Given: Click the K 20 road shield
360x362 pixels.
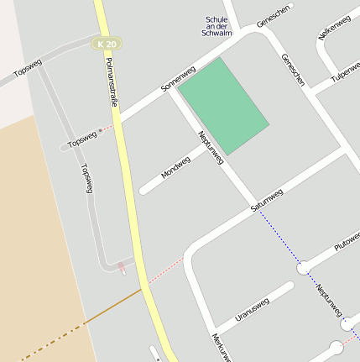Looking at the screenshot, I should click(x=107, y=44).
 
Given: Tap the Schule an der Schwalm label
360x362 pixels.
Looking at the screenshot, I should click(x=216, y=26).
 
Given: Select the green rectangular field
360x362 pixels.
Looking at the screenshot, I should click(x=225, y=105).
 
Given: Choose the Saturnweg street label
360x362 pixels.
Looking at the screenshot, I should click(x=267, y=200).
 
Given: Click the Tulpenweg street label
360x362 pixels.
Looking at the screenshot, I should click(x=347, y=72).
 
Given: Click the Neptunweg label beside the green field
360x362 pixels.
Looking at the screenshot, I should click(x=210, y=147).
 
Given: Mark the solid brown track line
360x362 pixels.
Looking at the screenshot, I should click(x=113, y=307).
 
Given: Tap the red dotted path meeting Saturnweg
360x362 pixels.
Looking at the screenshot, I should click(x=166, y=271).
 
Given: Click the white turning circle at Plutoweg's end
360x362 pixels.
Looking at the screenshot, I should click(x=303, y=268).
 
